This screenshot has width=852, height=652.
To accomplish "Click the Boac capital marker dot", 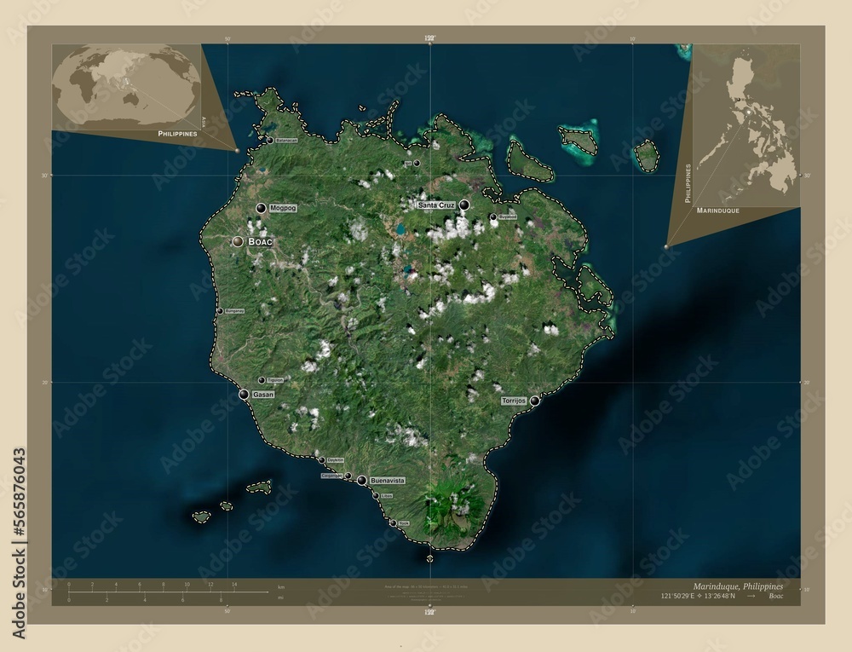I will click(239, 242).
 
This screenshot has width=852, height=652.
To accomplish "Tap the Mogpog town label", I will click(281, 208).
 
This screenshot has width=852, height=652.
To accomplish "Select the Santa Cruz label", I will click(436, 205).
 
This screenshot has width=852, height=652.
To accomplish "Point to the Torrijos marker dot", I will click(535, 401).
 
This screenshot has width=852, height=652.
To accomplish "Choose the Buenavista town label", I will click(388, 482).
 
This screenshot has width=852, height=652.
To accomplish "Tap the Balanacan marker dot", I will click(269, 140).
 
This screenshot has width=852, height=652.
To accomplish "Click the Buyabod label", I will click(508, 217).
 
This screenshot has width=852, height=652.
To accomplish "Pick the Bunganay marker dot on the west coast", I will click(220, 311).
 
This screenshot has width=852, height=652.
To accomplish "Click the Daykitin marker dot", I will click(322, 460).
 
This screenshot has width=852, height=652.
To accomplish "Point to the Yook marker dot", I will click(393, 522).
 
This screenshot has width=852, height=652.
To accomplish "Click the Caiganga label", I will click(332, 476).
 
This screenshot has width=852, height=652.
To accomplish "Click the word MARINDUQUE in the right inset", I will click(717, 209).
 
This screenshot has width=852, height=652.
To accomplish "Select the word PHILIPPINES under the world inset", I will click(177, 135).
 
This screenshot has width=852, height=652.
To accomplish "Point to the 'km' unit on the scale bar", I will click(280, 588).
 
